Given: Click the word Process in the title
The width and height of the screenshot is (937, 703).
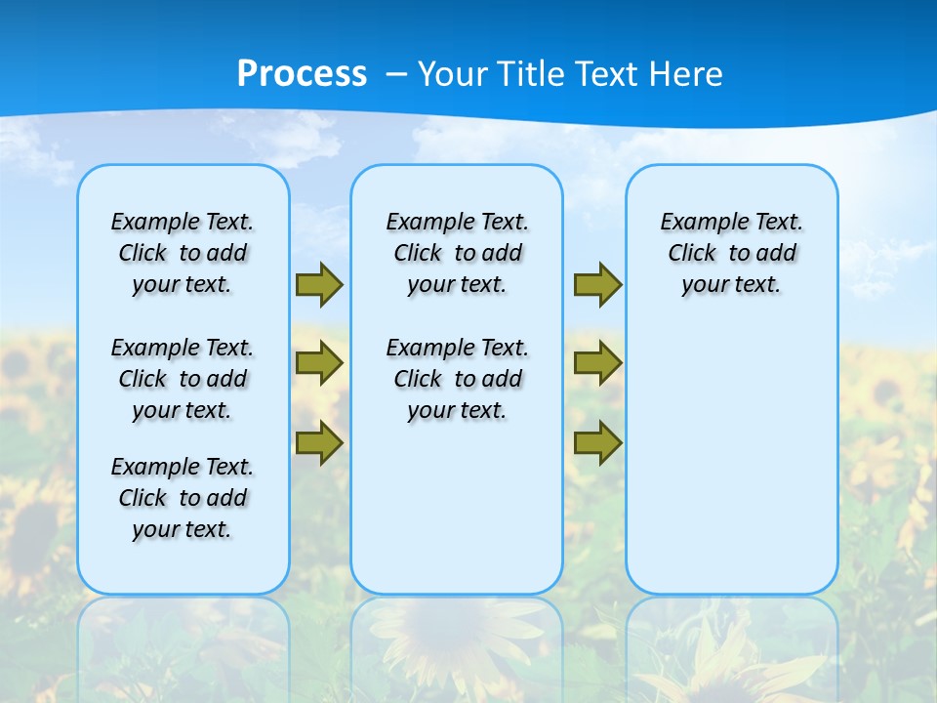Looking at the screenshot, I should click(x=302, y=74).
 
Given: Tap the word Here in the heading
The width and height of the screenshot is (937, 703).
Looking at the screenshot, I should click(x=684, y=74).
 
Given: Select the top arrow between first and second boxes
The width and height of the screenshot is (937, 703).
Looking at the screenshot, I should click(x=319, y=285).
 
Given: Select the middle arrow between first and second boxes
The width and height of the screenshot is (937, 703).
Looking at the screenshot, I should click(x=319, y=364).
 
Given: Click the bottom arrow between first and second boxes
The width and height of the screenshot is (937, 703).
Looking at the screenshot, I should click(x=319, y=442).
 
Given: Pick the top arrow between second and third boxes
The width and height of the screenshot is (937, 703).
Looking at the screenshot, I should click(x=597, y=285).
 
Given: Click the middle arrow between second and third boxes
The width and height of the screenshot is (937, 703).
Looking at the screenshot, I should click(x=597, y=364).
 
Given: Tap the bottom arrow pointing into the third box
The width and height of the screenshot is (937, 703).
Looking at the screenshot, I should click(x=597, y=442).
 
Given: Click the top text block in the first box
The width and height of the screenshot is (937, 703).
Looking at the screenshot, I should click(x=183, y=253).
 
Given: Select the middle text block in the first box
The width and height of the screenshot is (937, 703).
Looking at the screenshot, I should click(x=183, y=379).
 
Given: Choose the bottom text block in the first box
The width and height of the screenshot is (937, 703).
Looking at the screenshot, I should click(x=183, y=498).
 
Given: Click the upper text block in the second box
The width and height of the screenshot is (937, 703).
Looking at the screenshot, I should click(x=457, y=253).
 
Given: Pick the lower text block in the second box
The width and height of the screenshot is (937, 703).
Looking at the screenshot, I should click(x=457, y=379).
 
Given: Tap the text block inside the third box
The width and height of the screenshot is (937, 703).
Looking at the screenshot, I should click(x=732, y=253).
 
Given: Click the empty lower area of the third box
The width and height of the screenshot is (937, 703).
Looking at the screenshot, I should click(x=732, y=459).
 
